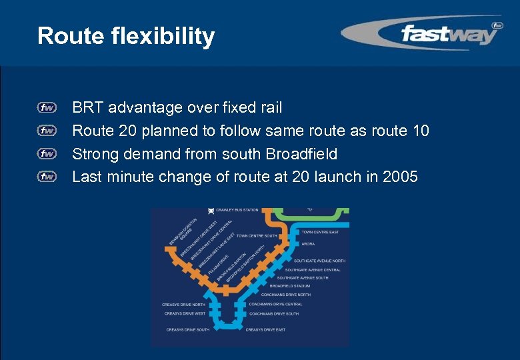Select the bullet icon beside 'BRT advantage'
tap(47, 107)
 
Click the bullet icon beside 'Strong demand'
tap(47, 154)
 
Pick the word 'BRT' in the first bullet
tap(88, 107)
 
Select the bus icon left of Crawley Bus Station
tap(211, 211)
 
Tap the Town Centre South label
tap(256, 235)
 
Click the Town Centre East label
tap(320, 232)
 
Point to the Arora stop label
tap(308, 244)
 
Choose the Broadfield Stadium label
tap(289, 286)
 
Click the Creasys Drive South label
tap(187, 329)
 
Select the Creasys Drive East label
tap(265, 329)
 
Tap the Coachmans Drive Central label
tap(275, 304)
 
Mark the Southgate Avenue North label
tap(324, 261)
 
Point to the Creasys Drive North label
tap(183, 305)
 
